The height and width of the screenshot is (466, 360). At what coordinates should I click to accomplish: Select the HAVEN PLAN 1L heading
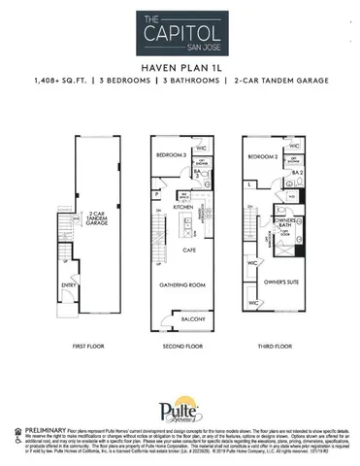[180, 69]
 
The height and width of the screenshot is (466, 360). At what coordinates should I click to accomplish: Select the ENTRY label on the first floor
[71, 285]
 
